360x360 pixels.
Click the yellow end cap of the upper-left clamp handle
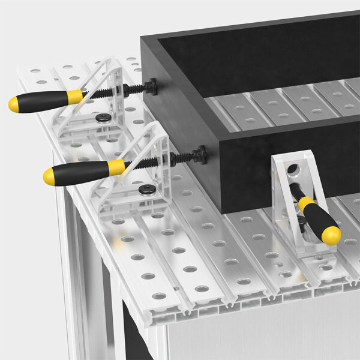(x=14, y=104)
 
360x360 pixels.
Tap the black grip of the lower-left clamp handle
(x=81, y=172)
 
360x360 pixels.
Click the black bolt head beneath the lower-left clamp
(x=146, y=190)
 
